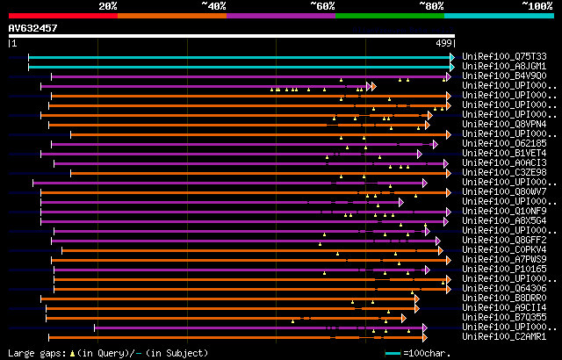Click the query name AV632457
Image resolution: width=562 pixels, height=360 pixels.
tap(33, 28)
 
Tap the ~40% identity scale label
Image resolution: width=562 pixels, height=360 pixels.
tap(213, 6)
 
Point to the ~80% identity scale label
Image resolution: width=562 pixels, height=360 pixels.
tap(431, 6)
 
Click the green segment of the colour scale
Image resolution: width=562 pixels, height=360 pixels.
tap(389, 15)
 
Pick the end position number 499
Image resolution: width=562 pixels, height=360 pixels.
tap(443, 42)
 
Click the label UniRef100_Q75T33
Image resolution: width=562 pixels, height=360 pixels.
tap(504, 56)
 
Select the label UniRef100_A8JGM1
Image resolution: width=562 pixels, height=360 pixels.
tap(504, 66)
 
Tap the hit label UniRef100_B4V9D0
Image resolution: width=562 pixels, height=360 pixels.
tap(504, 76)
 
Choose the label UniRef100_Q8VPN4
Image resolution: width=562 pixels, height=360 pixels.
tap(504, 124)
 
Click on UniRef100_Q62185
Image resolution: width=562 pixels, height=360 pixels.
tap(504, 143)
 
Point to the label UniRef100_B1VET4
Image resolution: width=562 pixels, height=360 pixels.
tap(504, 153)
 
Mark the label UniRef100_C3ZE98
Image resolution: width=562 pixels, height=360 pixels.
tap(504, 172)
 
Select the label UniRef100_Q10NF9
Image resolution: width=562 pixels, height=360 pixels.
tap(504, 211)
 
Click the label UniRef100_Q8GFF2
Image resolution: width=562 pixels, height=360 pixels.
tap(504, 240)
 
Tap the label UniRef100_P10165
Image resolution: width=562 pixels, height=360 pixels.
tap(504, 269)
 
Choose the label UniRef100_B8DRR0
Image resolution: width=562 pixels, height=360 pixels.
tap(504, 298)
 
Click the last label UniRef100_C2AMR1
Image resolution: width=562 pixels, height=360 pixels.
tap(504, 336)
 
